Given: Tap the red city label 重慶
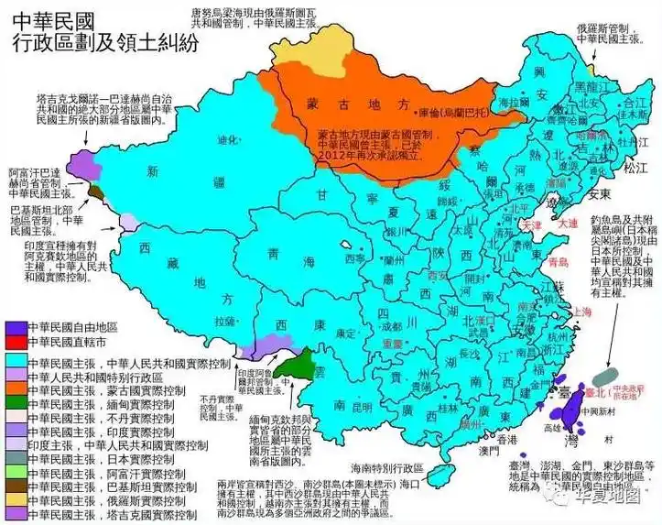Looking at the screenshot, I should (393, 341).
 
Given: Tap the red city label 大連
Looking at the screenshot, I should (568, 223).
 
